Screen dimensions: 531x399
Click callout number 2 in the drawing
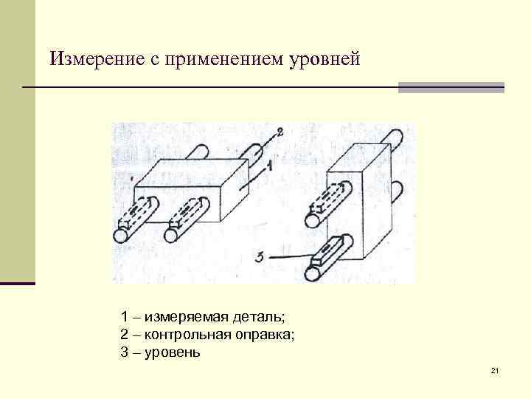point(280,133)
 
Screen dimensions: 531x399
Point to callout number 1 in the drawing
point(268,168)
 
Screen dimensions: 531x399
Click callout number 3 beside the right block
point(260,256)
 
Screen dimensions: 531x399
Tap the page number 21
point(495,369)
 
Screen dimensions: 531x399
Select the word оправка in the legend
point(267,335)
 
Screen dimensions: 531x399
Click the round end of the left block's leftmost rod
point(119,236)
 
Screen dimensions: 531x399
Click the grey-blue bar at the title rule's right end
point(451,87)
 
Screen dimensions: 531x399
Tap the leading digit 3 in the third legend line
point(124,352)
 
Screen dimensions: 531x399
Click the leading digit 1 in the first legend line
point(124,317)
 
